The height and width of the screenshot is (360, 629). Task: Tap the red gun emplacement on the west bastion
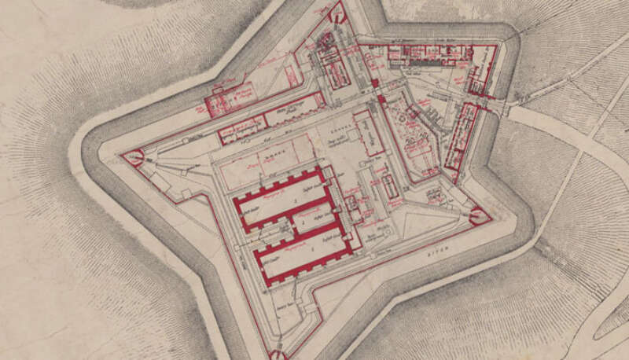(x=134, y=158)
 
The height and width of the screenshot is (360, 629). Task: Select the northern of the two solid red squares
(x=375, y=83)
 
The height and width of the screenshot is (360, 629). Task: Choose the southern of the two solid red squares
(x=382, y=100)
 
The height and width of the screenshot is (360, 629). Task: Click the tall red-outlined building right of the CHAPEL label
(x=369, y=134)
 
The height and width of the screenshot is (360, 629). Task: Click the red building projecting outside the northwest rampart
(x=229, y=98)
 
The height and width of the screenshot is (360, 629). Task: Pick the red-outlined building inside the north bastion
(x=334, y=67)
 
